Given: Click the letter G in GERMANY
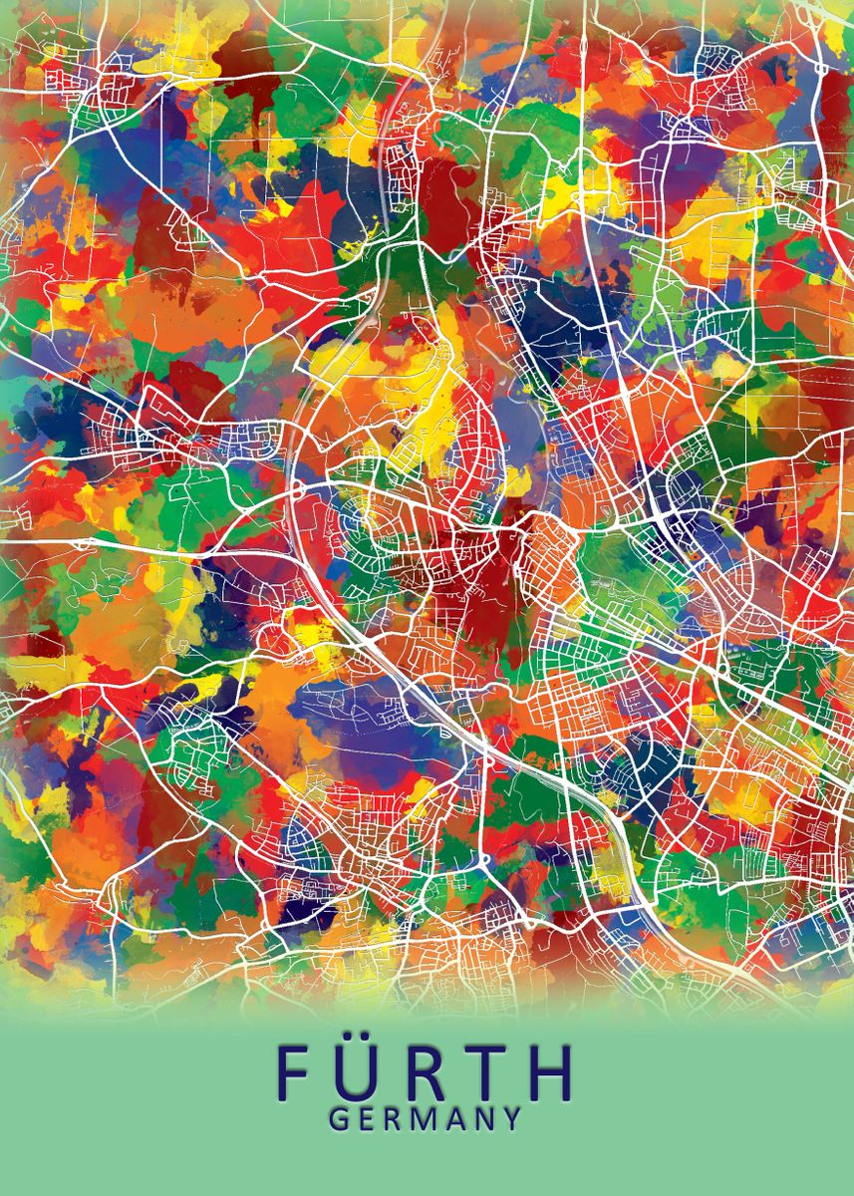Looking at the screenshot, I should (339, 1119).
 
